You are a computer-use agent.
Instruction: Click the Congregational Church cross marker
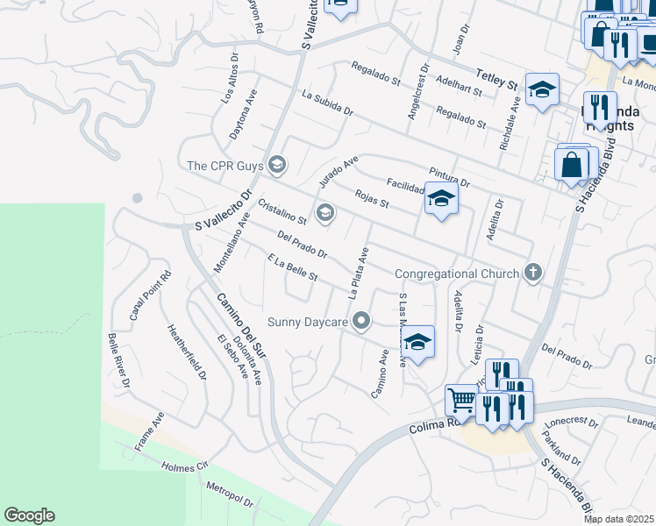(x=531, y=273)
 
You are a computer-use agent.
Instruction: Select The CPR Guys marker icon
(x=278, y=164)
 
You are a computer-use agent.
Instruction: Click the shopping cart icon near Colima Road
(x=460, y=401)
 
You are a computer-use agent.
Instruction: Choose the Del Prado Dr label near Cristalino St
(x=301, y=245)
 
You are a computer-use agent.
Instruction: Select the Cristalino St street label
(x=282, y=211)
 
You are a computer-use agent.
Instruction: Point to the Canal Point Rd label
(x=151, y=295)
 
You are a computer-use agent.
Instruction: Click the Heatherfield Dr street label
(x=187, y=352)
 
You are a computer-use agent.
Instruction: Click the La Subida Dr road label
(x=326, y=104)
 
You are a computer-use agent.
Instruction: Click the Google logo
(x=29, y=515)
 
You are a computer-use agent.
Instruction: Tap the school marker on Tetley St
(x=542, y=90)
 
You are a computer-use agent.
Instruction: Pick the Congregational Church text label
(x=456, y=274)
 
